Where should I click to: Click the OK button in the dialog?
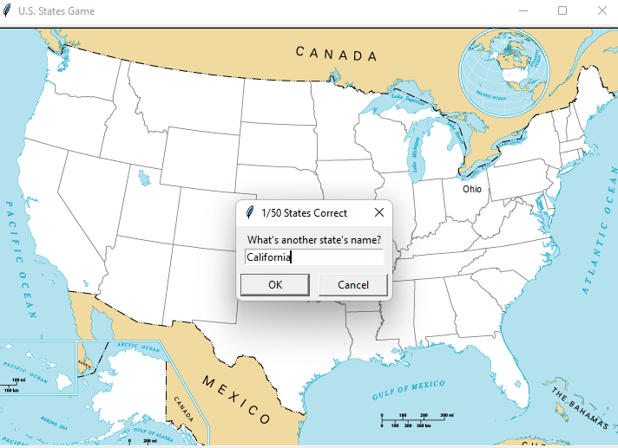coord(274,285)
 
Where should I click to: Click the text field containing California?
coord(313,257)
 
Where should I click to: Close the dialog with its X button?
coord(378,212)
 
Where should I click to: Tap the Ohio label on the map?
coord(471,189)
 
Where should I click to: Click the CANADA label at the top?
coord(337,54)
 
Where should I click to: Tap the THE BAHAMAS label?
coord(581,408)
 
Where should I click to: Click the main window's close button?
coord(602,10)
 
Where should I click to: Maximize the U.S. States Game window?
coord(562,10)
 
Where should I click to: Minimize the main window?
coord(523,10)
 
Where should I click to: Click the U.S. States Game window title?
coord(56,11)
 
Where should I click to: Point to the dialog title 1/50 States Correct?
coord(304,212)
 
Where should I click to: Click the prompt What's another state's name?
coord(314,239)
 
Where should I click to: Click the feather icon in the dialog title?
coord(249,212)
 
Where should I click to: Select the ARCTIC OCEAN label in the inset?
coord(139,347)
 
